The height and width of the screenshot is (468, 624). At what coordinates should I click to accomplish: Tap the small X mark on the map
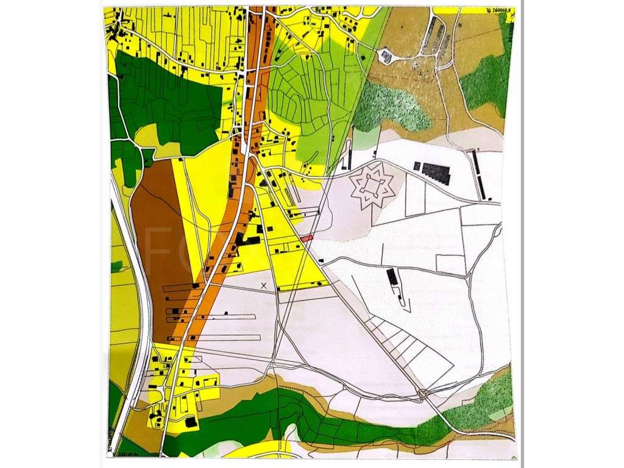click(264, 285)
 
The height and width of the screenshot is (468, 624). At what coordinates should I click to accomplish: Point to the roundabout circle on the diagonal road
click(422, 394)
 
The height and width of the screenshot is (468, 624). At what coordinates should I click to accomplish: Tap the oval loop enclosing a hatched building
click(386, 56)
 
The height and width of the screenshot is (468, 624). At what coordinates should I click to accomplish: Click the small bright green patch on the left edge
click(116, 266)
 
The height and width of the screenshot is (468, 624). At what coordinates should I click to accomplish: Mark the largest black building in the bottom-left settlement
click(191, 422)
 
